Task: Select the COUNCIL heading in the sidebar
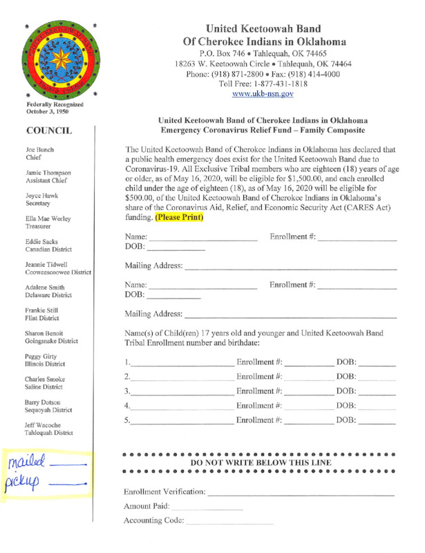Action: tap(50, 130)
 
